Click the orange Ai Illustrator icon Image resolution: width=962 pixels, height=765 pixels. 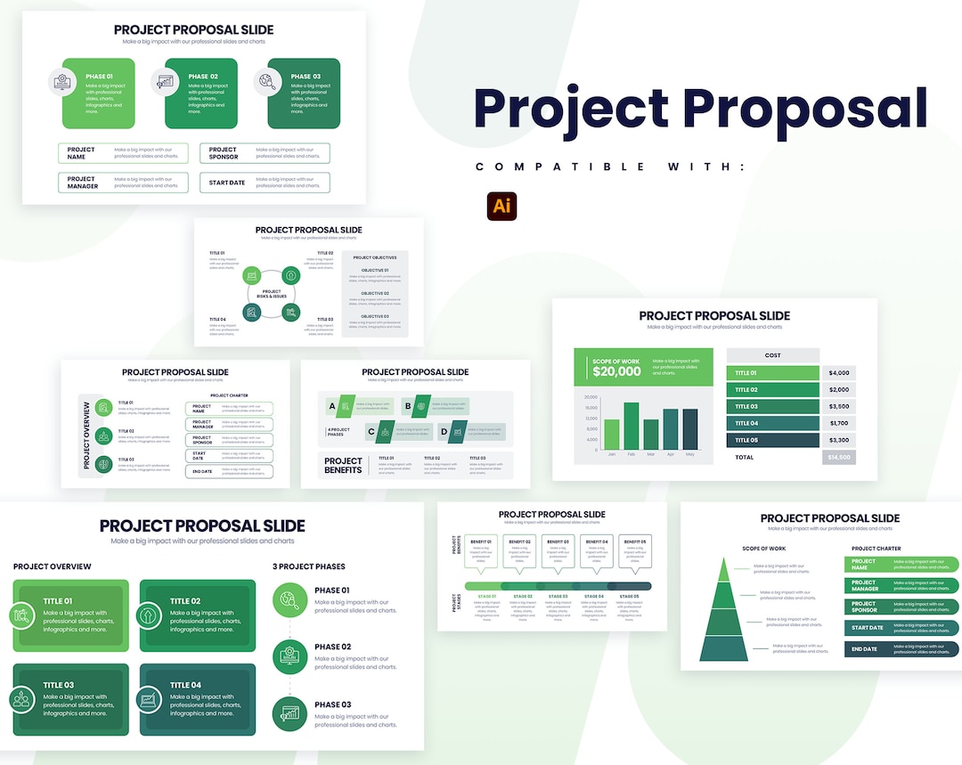pyautogui.click(x=502, y=205)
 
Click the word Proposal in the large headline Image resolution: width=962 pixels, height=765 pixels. pyautogui.click(x=805, y=108)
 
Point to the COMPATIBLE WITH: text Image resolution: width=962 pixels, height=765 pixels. pyautogui.click(x=609, y=167)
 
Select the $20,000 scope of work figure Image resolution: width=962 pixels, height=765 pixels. pyautogui.click(x=616, y=371)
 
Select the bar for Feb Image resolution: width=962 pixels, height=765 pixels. pyautogui.click(x=632, y=426)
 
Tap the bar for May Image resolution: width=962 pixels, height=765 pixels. pyautogui.click(x=690, y=429)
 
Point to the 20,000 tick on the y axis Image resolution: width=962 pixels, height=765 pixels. pyautogui.click(x=591, y=397)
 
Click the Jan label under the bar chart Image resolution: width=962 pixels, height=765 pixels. pyautogui.click(x=612, y=454)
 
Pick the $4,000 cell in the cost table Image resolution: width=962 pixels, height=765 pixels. pyautogui.click(x=838, y=373)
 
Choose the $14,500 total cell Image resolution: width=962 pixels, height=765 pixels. pyautogui.click(x=838, y=457)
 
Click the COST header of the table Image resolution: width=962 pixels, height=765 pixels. pyautogui.click(x=772, y=355)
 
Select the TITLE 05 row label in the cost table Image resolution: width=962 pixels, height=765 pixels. pyautogui.click(x=746, y=440)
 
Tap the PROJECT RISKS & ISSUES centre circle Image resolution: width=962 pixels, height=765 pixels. pyautogui.click(x=272, y=294)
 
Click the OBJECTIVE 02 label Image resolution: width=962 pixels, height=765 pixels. pyautogui.click(x=374, y=293)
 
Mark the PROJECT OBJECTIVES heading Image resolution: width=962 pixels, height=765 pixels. pyautogui.click(x=375, y=257)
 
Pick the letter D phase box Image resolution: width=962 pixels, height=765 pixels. pyautogui.click(x=444, y=432)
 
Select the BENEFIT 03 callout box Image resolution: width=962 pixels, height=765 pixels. pyautogui.click(x=558, y=549)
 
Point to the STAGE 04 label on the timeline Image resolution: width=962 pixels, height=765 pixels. pyautogui.click(x=593, y=596)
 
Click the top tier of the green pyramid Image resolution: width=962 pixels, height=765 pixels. pyautogui.click(x=723, y=570)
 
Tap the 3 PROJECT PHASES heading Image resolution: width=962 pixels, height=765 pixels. pyautogui.click(x=308, y=566)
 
